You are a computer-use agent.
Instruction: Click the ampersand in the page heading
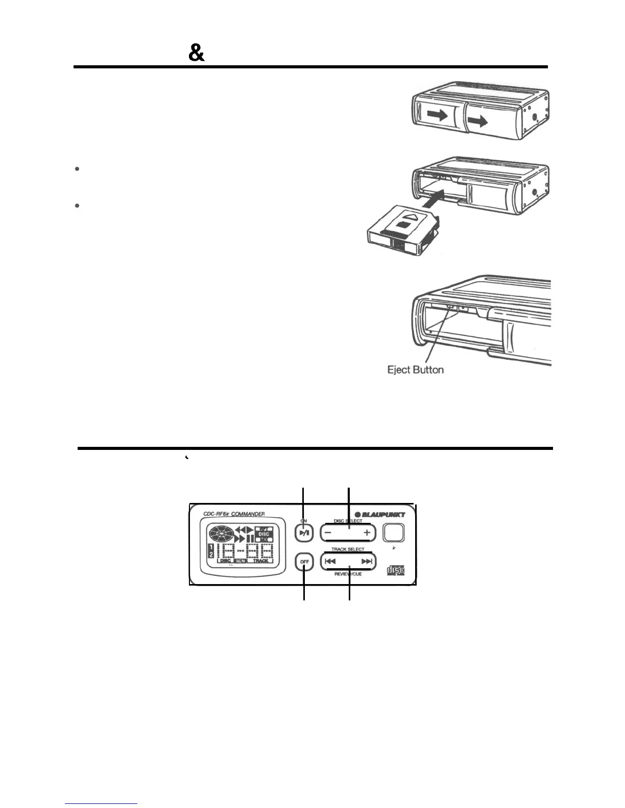[197, 53]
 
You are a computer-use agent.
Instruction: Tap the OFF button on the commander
[305, 562]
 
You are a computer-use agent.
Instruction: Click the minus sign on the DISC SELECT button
[328, 533]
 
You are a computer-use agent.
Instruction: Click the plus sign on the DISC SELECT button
[367, 533]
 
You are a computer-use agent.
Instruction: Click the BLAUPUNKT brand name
[380, 514]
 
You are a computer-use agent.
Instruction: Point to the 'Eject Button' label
[416, 370]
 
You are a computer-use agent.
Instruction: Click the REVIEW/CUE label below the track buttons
[348, 574]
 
